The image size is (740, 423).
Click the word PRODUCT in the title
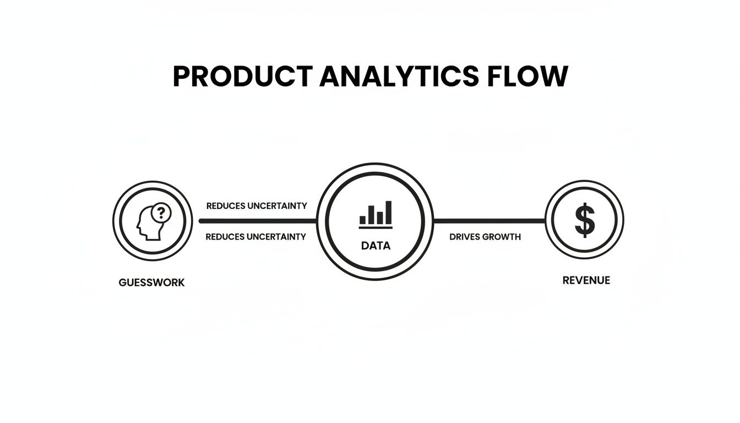243,77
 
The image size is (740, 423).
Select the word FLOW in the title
527,77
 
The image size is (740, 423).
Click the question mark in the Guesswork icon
161,211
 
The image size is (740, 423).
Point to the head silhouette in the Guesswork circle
148,225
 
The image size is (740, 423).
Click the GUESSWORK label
151,283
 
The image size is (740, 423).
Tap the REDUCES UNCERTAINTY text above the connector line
257,206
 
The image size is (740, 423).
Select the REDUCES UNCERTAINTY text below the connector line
255,237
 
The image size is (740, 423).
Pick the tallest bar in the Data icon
389,212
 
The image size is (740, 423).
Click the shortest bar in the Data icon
363,219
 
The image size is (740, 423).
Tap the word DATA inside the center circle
376,246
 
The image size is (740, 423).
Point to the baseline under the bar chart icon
376,226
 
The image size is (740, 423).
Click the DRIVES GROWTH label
485,237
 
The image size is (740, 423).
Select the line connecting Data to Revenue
489,221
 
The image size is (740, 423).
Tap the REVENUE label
586,280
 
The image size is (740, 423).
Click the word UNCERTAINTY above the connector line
277,206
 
